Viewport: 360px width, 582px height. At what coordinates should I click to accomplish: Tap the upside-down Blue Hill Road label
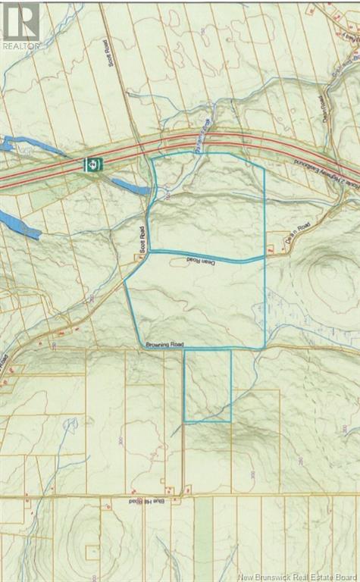[124, 502]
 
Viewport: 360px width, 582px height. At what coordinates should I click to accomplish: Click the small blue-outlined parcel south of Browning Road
[208, 385]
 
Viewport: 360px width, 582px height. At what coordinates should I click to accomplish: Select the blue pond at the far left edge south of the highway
[17, 224]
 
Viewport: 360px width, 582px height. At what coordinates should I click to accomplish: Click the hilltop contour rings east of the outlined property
[327, 273]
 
